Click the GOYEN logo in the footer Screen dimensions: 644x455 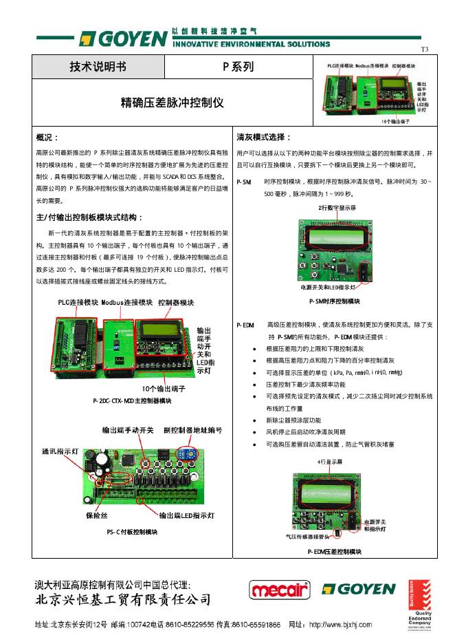[x=359, y=590]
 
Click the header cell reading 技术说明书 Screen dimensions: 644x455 [x=98, y=67]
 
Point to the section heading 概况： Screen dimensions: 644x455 [x=47, y=138]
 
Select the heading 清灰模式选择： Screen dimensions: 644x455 [x=264, y=138]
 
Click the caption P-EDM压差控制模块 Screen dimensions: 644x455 [x=334, y=551]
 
